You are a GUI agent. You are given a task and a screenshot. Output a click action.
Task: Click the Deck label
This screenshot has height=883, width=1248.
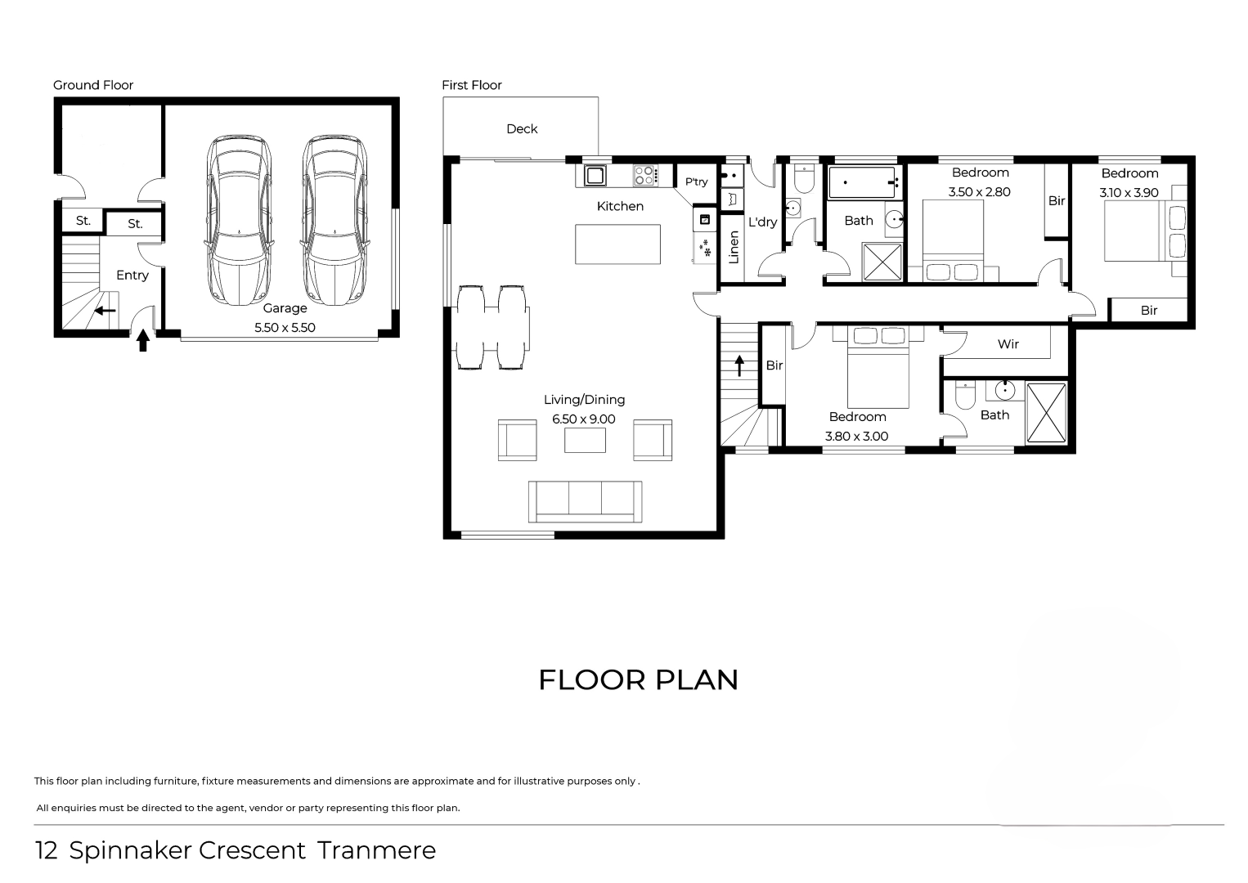tap(522, 129)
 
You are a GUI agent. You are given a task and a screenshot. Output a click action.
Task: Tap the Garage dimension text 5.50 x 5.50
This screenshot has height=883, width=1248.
tap(285, 328)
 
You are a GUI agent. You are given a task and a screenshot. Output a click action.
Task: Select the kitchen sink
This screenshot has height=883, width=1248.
tap(595, 176)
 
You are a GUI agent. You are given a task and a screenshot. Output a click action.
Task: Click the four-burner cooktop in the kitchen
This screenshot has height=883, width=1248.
tap(645, 176)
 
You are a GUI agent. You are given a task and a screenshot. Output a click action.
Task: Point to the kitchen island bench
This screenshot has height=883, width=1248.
tap(618, 244)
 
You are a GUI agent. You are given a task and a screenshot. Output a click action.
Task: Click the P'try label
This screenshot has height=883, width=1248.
tap(697, 182)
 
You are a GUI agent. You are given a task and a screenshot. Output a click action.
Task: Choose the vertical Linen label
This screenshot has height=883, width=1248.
tap(734, 248)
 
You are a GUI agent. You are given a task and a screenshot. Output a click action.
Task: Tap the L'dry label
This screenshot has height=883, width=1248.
tap(762, 222)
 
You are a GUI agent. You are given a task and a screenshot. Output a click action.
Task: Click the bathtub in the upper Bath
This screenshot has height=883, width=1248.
tap(864, 182)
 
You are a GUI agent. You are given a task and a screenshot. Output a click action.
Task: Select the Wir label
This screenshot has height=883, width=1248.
tap(1008, 344)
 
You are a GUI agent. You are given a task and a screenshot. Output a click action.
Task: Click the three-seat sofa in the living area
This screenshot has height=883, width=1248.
tap(585, 501)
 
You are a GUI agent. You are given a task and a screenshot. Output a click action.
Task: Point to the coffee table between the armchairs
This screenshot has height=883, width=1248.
tap(585, 440)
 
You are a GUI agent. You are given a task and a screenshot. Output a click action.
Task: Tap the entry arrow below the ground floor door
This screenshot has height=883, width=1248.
tap(143, 340)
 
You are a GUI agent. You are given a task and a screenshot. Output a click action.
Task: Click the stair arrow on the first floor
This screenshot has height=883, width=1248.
tap(739, 366)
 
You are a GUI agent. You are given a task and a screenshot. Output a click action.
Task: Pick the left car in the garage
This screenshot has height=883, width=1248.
tap(240, 220)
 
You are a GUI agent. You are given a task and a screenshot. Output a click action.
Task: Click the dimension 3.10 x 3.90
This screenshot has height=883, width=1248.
tap(1129, 193)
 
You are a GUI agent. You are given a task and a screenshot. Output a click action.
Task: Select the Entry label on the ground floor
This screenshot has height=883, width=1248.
tap(132, 276)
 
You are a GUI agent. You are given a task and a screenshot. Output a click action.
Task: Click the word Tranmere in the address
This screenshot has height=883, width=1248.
tap(377, 850)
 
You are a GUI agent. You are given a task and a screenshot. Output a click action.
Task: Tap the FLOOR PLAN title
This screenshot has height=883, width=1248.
tap(639, 680)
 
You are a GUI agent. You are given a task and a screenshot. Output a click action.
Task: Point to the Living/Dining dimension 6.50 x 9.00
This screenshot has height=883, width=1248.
tap(584, 419)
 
